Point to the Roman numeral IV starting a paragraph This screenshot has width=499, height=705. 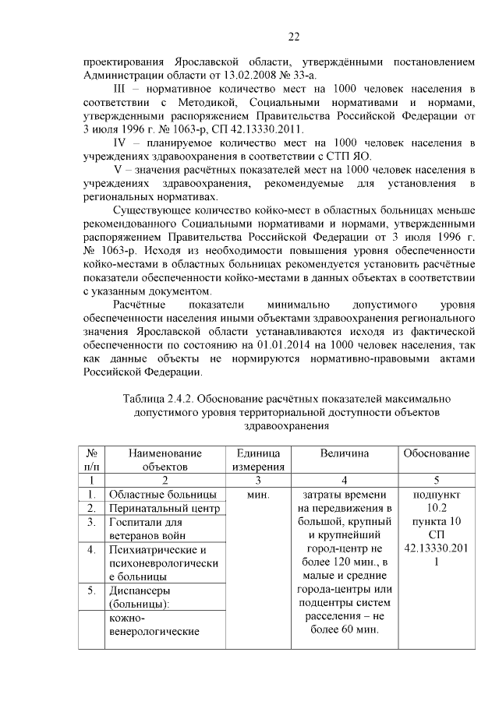(x=121, y=143)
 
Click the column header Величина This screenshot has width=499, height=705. (x=344, y=453)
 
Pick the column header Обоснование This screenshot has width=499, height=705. (x=435, y=453)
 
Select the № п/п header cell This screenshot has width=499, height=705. (x=92, y=460)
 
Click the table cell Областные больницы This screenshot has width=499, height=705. (x=162, y=495)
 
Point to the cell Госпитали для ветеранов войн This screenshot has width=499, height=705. (x=149, y=529)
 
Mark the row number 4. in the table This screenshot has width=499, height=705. (x=92, y=550)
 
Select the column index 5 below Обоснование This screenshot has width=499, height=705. (x=435, y=480)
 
